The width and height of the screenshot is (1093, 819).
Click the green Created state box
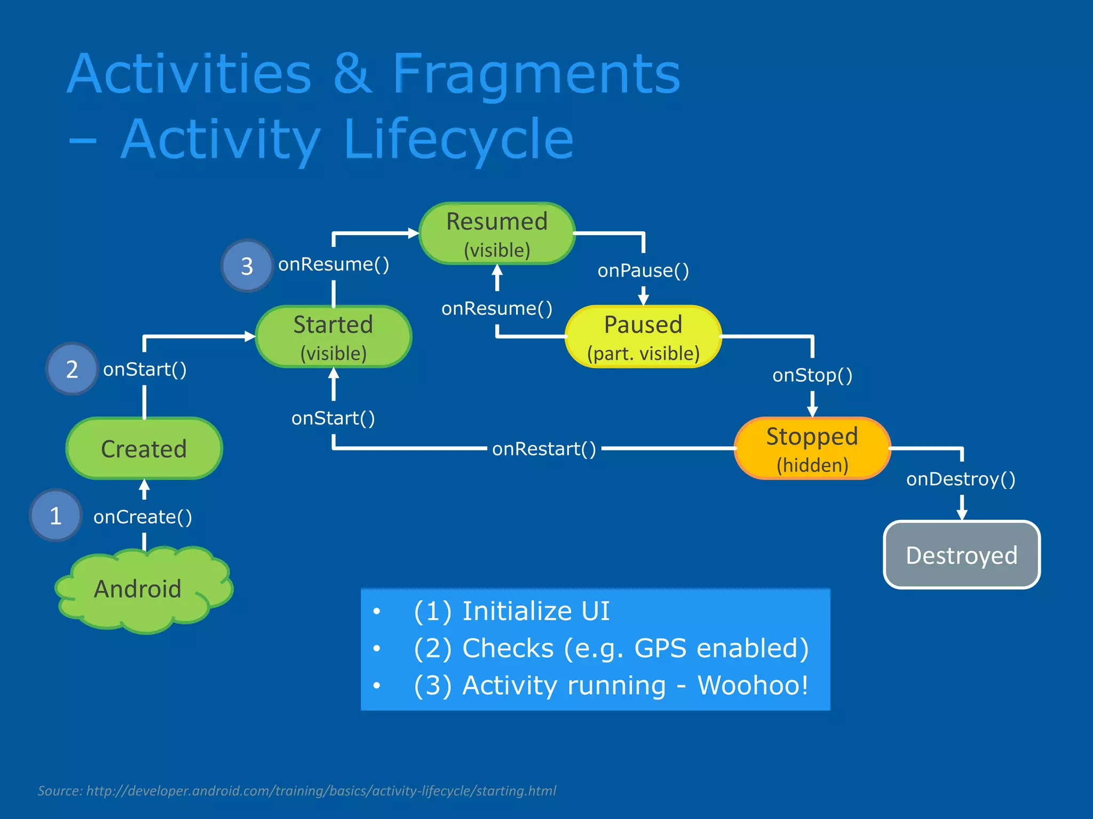(144, 448)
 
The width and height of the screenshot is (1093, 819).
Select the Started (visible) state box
(334, 337)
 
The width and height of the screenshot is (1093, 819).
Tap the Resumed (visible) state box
(497, 234)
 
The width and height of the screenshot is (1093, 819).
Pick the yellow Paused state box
(643, 337)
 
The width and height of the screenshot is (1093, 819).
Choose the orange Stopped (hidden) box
(812, 448)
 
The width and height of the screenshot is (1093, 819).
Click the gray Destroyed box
(962, 555)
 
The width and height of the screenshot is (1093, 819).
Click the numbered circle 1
(56, 516)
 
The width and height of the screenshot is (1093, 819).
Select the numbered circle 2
(72, 369)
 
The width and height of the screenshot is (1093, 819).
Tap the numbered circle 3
(247, 266)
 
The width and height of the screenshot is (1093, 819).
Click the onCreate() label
(142, 517)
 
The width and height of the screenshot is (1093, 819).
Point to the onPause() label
(643, 270)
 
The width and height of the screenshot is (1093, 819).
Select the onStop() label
(812, 375)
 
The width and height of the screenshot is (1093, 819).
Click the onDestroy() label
(961, 479)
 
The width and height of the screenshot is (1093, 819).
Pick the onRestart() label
(544, 449)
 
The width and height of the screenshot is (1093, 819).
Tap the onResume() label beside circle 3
(334, 264)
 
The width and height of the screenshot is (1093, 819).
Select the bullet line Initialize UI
(535, 611)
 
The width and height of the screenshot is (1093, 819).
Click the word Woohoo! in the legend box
(753, 685)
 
